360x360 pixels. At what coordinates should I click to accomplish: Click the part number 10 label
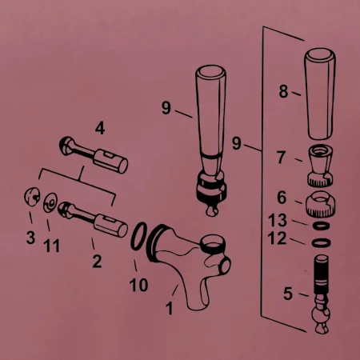[138, 285]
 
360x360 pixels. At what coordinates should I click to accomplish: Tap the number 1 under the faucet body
[170, 308]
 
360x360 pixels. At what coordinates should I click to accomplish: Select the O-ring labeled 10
[138, 236]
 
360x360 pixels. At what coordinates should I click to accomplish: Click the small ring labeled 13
[321, 226]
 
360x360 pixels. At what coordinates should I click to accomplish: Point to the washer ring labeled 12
[321, 242]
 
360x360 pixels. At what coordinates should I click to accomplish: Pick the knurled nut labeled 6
[320, 204]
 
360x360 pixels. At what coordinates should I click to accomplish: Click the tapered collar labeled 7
[320, 166]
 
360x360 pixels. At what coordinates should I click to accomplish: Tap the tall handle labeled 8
[320, 94]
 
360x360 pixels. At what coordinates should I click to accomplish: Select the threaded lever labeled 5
[321, 294]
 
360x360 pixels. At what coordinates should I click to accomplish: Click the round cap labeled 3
[32, 197]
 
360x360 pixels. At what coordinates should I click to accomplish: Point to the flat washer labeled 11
[50, 202]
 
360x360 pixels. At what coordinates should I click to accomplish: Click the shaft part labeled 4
[94, 155]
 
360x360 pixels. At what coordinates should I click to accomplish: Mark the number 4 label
[100, 128]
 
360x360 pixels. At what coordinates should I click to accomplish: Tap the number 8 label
[283, 91]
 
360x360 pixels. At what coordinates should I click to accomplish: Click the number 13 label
[278, 220]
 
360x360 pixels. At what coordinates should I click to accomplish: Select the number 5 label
[288, 294]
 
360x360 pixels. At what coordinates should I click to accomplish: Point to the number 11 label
[51, 246]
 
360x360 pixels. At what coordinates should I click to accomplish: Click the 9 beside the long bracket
[237, 143]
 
